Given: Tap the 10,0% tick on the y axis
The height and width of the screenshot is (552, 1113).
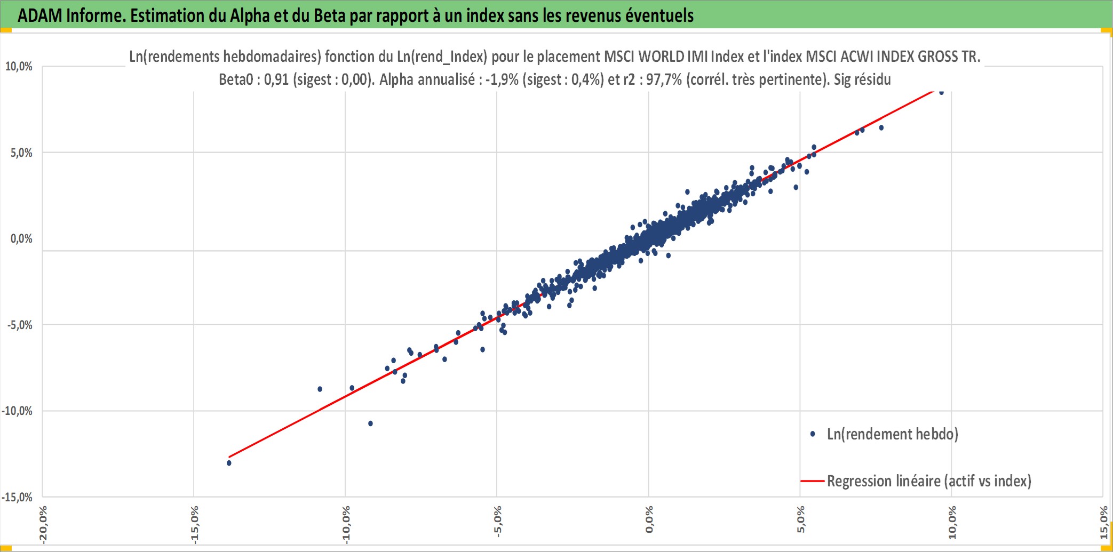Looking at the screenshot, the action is point(19,67).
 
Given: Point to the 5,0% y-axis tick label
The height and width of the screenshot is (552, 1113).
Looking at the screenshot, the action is point(21,153).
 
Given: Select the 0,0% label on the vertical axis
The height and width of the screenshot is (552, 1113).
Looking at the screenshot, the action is point(21,239).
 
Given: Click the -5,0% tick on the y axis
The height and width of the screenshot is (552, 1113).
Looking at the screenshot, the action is point(19,325).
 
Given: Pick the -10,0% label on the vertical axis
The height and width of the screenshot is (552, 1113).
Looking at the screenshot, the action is point(17,411).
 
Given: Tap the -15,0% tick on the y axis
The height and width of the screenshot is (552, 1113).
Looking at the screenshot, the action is point(17,498).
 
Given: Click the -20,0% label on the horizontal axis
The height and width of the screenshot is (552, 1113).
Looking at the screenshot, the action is point(43,525).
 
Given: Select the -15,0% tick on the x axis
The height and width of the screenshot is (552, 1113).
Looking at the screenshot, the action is point(195,525).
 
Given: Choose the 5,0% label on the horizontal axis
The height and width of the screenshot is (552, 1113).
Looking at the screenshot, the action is point(801,520).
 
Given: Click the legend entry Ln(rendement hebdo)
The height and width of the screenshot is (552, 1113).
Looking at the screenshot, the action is point(892,434).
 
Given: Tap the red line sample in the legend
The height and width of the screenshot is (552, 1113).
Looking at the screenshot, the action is point(813,481).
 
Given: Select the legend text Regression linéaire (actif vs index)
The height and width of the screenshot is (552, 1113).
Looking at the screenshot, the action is point(929,481).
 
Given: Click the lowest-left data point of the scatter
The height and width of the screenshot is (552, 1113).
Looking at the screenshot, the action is point(229,463).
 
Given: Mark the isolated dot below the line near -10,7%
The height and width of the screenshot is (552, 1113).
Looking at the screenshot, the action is point(370,423).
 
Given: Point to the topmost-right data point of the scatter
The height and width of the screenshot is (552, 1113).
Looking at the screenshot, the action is point(941,93).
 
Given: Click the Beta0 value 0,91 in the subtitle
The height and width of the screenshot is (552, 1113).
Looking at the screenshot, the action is point(276,80).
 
